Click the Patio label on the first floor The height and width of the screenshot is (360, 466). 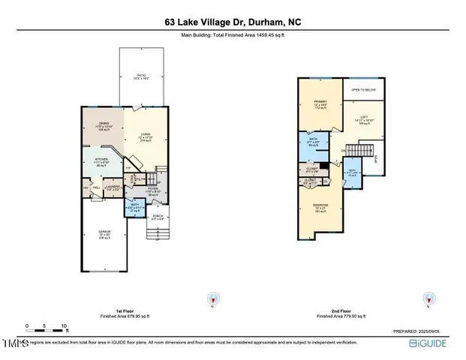tap(141, 76)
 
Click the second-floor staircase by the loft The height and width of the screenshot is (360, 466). tap(361, 153)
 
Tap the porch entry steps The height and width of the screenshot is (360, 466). tap(156, 236)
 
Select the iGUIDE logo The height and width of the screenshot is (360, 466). tap(428, 343)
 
